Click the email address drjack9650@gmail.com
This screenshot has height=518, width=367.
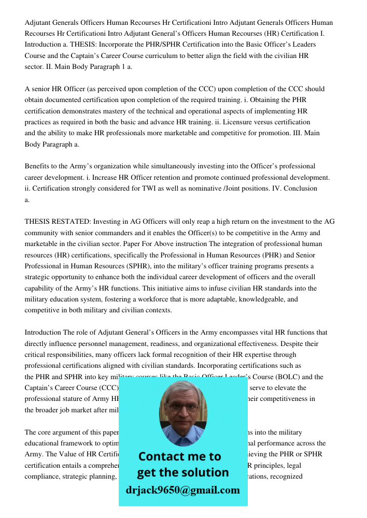point(182,490)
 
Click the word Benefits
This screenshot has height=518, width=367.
point(38,166)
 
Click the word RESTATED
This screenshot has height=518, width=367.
point(72,222)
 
